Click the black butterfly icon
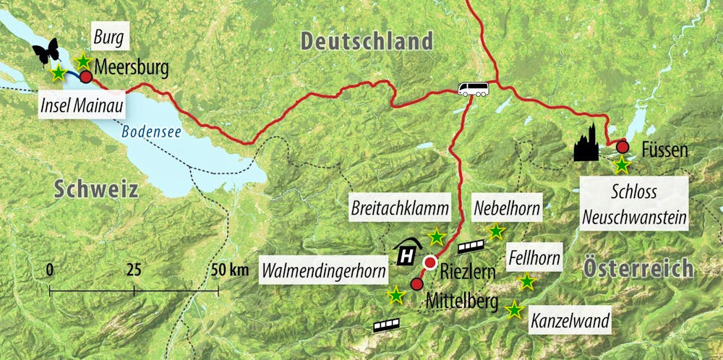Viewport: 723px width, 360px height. pyautogui.click(x=45, y=52)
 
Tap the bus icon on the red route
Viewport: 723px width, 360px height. pyautogui.click(x=473, y=89)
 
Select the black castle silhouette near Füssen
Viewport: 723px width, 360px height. pyautogui.click(x=586, y=142)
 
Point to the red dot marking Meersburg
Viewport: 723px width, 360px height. pyautogui.click(x=86, y=77)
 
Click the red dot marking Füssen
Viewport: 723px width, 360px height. pyautogui.click(x=623, y=147)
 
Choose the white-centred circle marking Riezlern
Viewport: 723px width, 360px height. pyautogui.click(x=431, y=262)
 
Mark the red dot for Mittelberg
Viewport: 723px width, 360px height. pyautogui.click(x=416, y=284)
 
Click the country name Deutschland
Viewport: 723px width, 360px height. pyautogui.click(x=367, y=40)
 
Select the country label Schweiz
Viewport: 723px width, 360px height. pyautogui.click(x=95, y=189)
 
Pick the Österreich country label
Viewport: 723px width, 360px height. pyautogui.click(x=638, y=268)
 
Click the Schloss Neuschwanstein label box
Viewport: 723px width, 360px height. pyautogui.click(x=634, y=205)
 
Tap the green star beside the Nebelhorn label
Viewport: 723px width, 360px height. pyautogui.click(x=496, y=232)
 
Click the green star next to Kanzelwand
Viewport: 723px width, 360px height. pyautogui.click(x=514, y=310)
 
